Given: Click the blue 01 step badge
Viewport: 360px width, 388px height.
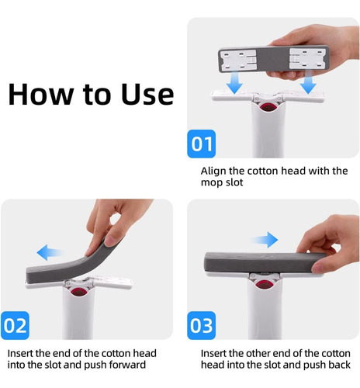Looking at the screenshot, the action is point(201,144).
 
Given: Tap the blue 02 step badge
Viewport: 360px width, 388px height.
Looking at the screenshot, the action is point(15,325).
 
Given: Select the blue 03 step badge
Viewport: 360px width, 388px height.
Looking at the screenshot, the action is point(201,325).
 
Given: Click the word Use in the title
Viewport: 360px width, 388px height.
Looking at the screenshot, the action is point(147,94).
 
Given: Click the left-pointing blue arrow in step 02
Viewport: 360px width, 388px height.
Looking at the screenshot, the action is point(50,252).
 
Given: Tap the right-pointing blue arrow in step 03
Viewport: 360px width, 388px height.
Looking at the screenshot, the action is point(265,240).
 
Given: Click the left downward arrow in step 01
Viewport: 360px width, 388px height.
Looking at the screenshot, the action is point(234,83).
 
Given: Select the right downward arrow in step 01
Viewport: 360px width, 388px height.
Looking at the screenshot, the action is point(308,83).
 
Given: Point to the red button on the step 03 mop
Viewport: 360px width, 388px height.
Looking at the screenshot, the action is point(264,284).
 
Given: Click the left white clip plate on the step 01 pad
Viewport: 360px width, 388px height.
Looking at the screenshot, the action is point(238,61).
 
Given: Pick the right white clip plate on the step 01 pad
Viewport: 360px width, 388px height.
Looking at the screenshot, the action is point(307,59).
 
